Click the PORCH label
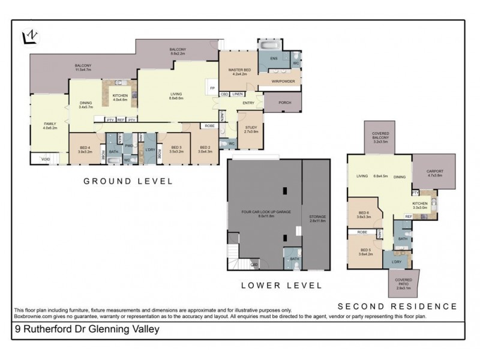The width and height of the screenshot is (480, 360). coord(285,103)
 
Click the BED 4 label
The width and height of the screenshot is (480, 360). coord(85,149)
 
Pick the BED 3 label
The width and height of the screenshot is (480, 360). coord(176,149)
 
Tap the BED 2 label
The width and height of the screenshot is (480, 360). coord(206,149)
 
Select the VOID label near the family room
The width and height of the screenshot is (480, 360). coord(46,159)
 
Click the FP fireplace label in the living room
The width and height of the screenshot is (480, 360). coord(212,88)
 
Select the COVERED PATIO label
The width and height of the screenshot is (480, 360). coord(403,282)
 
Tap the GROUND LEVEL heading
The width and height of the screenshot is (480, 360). coord(127,181)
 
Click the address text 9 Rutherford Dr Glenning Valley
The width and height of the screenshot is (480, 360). coord(87,329)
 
